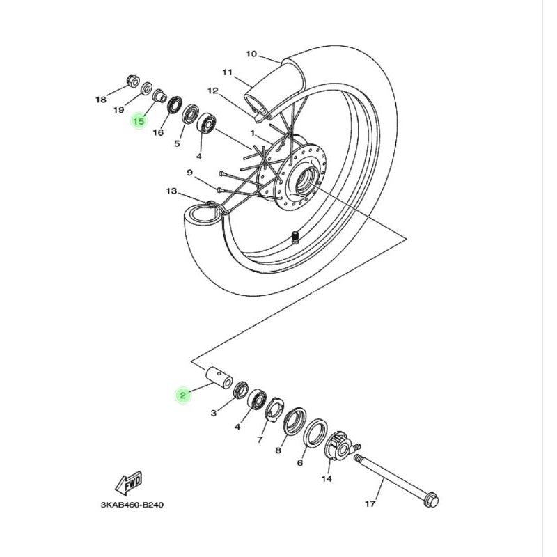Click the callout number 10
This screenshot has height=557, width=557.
251,54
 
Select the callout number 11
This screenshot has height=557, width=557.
227,72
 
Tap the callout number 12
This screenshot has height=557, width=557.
213,91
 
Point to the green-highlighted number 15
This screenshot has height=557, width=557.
139,121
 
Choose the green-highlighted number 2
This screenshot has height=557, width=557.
182,395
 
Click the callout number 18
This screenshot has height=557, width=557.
101,100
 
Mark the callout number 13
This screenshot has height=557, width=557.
171,191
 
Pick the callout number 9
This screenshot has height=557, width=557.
189,172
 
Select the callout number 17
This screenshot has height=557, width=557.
370,503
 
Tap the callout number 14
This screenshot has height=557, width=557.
327,478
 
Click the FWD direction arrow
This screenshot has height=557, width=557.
130,483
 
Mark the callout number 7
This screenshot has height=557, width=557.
260,440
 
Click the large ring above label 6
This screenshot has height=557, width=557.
318,434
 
